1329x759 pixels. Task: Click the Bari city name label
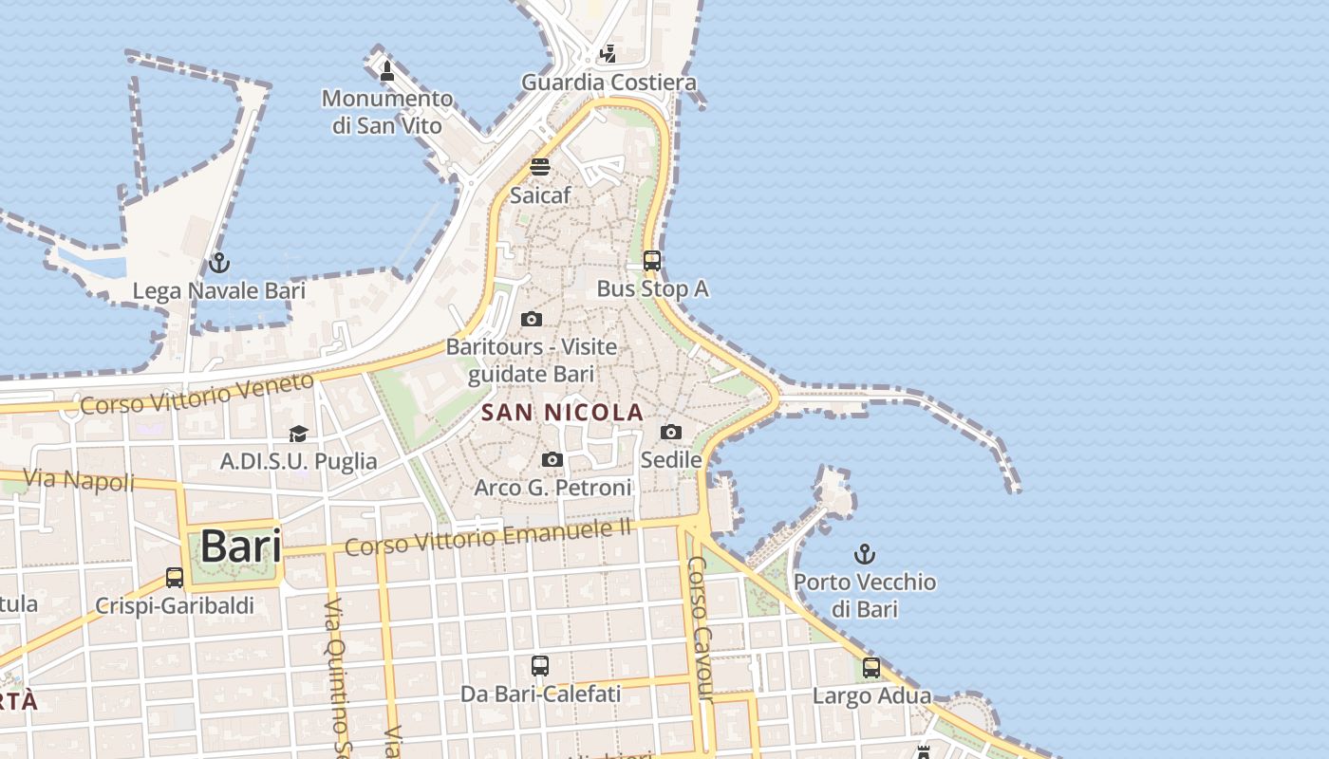(x=240, y=546)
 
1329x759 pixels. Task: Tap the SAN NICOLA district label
(x=562, y=413)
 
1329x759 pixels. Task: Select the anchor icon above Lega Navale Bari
(x=219, y=263)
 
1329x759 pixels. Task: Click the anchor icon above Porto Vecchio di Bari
(x=864, y=554)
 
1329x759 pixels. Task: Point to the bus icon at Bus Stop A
(x=651, y=261)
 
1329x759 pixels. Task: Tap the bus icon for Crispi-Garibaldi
(x=175, y=578)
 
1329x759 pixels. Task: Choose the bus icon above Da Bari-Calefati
(x=540, y=666)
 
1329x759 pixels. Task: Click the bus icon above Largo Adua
(x=871, y=668)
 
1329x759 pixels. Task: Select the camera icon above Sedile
(x=671, y=433)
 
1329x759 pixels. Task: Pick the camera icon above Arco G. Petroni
(x=552, y=460)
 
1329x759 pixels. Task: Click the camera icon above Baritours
(x=532, y=319)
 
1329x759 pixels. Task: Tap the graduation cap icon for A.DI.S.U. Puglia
(x=299, y=434)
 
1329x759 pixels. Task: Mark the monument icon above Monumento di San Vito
(x=386, y=70)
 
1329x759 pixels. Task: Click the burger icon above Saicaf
(x=540, y=167)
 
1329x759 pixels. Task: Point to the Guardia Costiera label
(x=608, y=83)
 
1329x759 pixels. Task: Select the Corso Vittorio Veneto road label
(x=197, y=393)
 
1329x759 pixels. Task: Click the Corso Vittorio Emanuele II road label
(x=488, y=539)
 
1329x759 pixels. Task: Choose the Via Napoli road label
(x=79, y=479)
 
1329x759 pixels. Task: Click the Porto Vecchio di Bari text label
(x=864, y=595)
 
